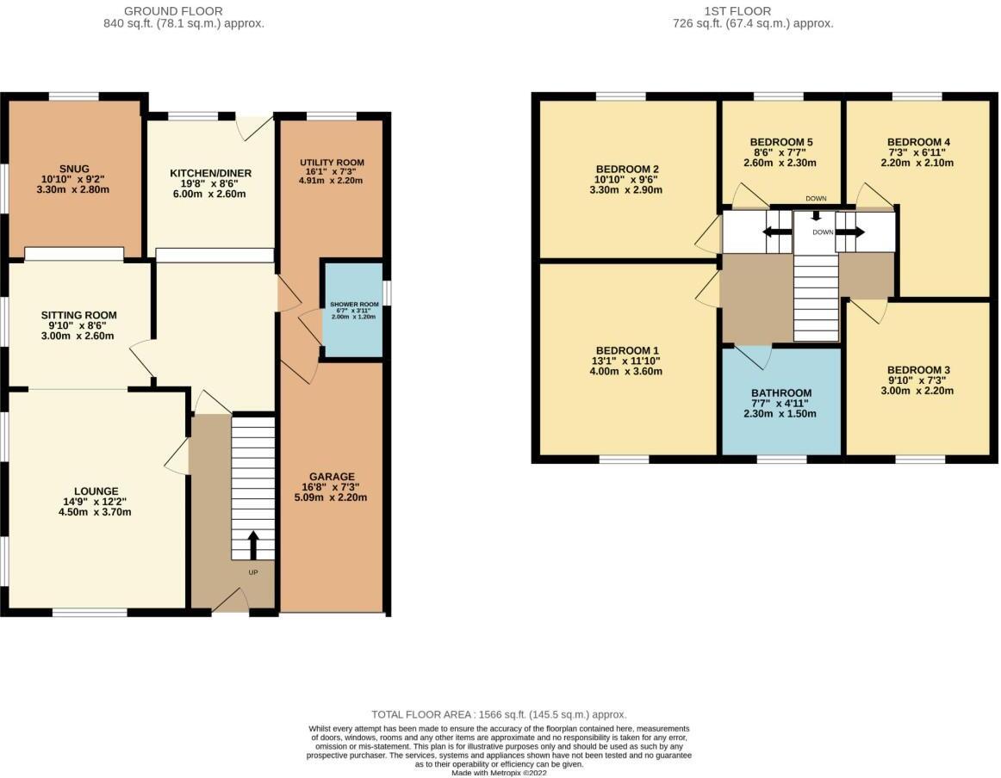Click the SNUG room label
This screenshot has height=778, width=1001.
(x=73, y=169)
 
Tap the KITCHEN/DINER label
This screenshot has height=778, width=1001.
(x=210, y=173)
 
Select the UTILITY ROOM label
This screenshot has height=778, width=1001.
(x=332, y=163)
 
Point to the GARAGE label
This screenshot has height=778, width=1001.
(x=332, y=477)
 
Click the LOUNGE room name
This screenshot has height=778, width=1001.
(x=96, y=491)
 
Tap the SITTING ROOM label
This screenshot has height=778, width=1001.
(x=78, y=315)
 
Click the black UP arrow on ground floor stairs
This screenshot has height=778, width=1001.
(x=253, y=544)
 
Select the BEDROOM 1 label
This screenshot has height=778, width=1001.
(x=627, y=350)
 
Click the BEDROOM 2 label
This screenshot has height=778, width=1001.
(x=627, y=169)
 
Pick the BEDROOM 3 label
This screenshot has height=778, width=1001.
(x=917, y=369)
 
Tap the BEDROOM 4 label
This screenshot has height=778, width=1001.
(x=917, y=142)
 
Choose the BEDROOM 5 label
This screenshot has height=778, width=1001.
(x=780, y=142)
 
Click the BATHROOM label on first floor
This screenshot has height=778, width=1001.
(x=780, y=393)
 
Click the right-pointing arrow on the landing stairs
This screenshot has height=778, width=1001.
(x=851, y=232)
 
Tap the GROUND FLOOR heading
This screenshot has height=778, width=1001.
(x=173, y=11)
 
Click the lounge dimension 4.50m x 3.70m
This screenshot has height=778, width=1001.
(x=96, y=512)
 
